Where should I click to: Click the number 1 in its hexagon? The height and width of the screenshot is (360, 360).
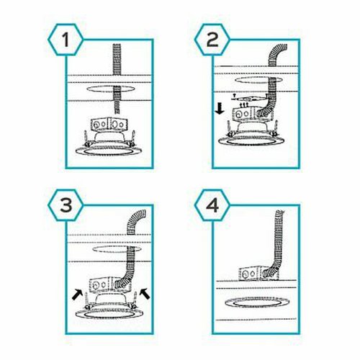click(66, 40)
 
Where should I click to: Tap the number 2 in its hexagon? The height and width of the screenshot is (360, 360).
click(212, 40)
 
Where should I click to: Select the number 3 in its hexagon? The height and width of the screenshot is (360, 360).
click(66, 205)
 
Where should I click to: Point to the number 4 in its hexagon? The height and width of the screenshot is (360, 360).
click(212, 205)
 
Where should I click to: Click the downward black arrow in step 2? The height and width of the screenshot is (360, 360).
click(220, 109)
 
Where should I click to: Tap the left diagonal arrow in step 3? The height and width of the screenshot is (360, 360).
click(78, 294)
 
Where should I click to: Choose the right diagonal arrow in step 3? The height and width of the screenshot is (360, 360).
click(145, 294)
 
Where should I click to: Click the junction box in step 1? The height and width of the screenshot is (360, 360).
click(109, 125)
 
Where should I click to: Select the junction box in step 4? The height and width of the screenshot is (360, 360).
click(259, 274)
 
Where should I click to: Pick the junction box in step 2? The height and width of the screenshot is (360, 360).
click(253, 114)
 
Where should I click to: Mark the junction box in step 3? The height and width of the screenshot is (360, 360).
click(109, 284)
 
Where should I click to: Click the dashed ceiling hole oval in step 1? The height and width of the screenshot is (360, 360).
click(111, 89)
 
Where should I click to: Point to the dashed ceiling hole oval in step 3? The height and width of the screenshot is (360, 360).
click(117, 249)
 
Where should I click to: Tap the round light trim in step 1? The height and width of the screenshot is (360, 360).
click(109, 150)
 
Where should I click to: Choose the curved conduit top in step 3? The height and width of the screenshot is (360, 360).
click(136, 221)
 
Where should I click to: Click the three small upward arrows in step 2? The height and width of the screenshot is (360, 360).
click(244, 104)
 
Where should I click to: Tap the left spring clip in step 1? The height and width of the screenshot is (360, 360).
click(86, 139)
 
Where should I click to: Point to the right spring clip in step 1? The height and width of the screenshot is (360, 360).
click(132, 139)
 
